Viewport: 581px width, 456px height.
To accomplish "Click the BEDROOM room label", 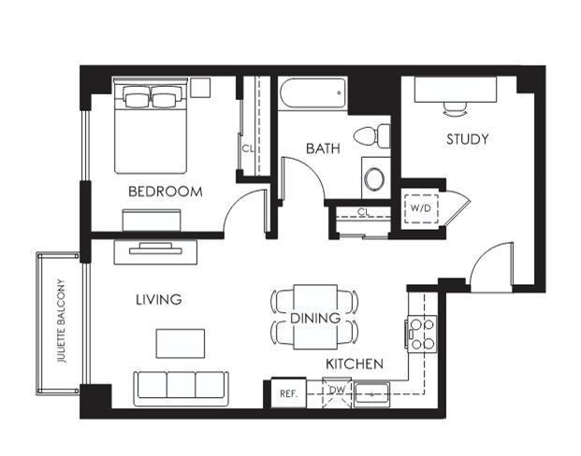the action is tap(166, 192).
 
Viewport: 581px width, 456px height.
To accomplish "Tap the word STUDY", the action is tap(467, 139).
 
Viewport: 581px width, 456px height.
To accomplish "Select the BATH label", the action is tap(323, 149).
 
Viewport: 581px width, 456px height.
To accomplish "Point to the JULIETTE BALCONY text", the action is tap(62, 321).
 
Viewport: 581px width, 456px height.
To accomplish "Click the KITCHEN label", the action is tap(355, 363).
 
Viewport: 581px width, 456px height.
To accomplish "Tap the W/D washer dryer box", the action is tap(421, 208).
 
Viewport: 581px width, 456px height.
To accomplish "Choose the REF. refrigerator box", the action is tap(289, 393).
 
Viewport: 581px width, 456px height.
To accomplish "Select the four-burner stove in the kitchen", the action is tap(422, 335).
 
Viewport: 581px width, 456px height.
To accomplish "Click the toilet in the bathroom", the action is tap(371, 135).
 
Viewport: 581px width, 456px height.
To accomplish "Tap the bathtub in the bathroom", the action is tap(313, 93).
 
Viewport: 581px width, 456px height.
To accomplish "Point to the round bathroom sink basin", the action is tap(374, 179).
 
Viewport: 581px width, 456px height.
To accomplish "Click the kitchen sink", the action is tap(371, 394).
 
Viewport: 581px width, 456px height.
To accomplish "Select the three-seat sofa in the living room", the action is tap(181, 388).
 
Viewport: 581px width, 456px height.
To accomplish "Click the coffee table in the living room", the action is tap(181, 343).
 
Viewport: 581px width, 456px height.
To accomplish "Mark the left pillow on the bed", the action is tap(138, 99).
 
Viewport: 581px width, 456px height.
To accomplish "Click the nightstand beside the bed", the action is tap(200, 88).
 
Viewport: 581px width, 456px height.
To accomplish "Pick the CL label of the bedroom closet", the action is tap(248, 149).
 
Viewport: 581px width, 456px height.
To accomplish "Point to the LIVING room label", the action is tap(159, 299).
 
